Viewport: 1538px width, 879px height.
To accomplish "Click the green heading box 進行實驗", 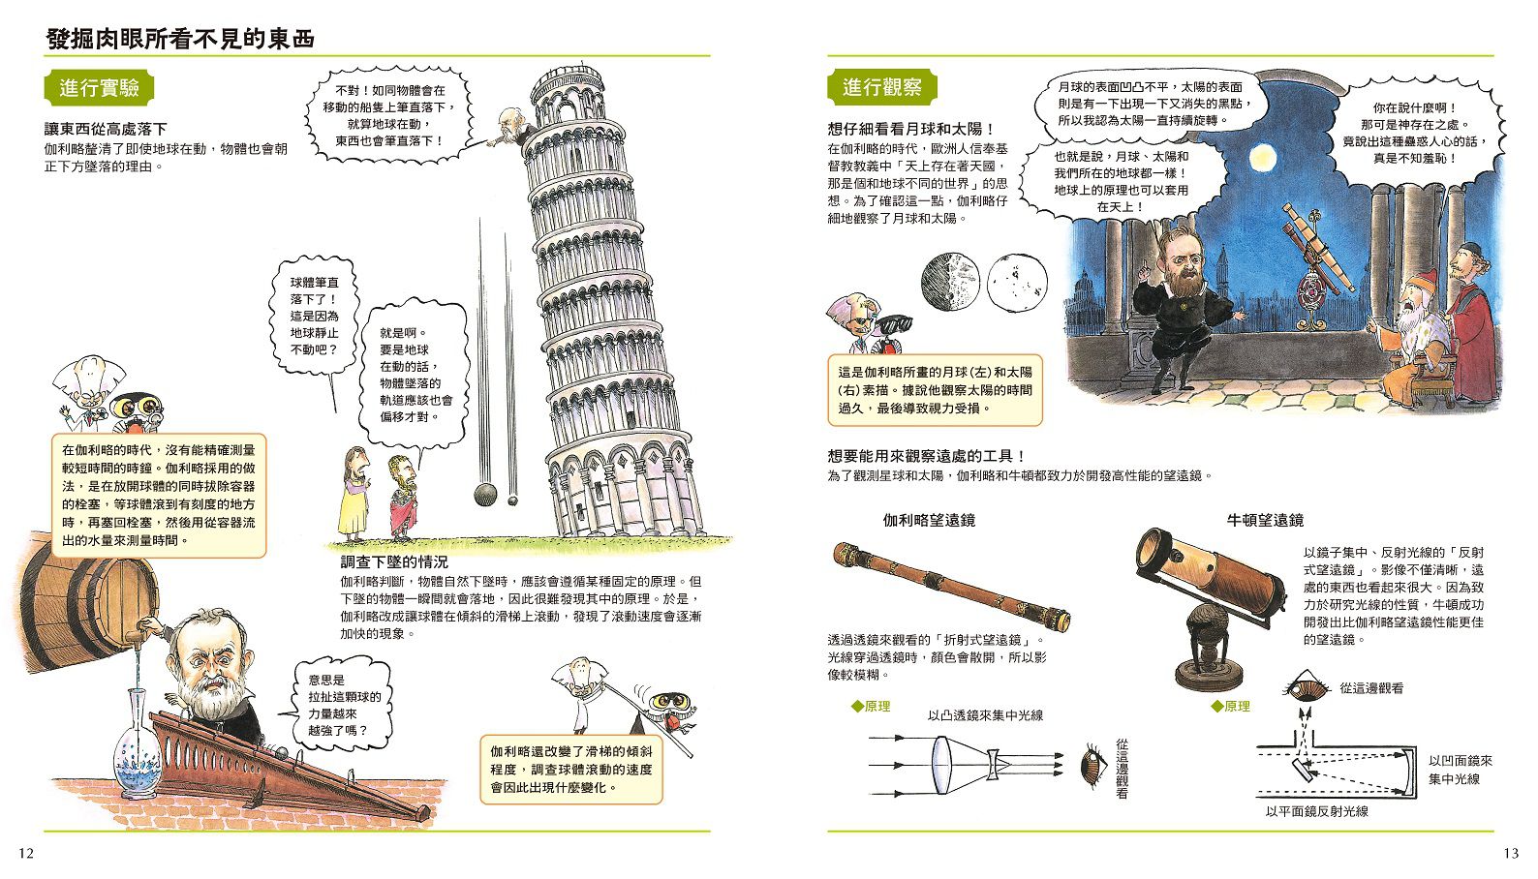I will pos(99,88).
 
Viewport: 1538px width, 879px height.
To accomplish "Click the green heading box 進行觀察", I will pos(881,88).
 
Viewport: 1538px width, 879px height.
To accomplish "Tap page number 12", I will pos(26,853).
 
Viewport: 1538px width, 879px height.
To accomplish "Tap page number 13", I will pos(1511,853).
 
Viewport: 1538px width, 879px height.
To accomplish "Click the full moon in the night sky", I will pos(1262,157).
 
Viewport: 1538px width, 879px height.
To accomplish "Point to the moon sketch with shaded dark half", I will pos(950,282).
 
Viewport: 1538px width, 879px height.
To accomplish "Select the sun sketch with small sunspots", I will pos(1017,282).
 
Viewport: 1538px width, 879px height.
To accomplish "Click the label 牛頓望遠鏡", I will pos(1265,520).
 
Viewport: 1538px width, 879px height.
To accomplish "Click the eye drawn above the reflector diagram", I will pos(1304,688).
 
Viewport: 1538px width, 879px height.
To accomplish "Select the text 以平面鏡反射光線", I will pos(1316,811).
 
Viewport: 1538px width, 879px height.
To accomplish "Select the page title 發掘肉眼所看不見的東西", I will pos(181,40).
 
